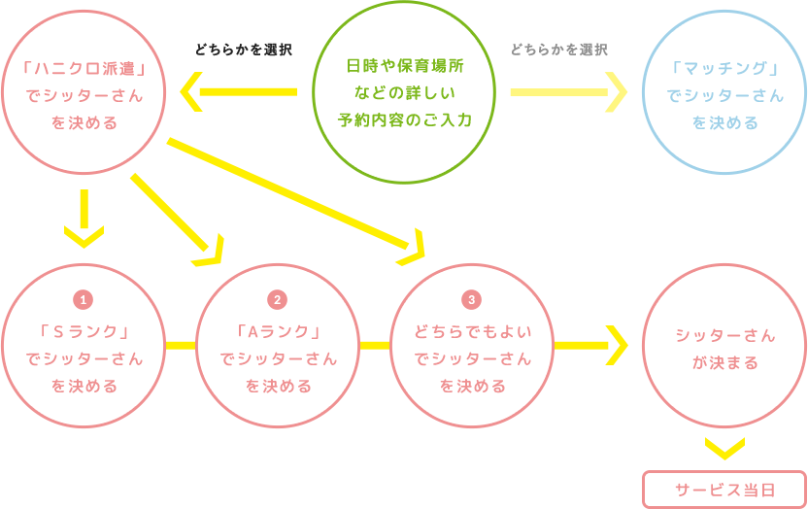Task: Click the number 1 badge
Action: pos(84,299)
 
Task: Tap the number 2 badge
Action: pos(279,299)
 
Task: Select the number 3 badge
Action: pos(473,299)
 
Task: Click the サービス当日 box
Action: pos(724,490)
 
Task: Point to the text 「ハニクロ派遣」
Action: pos(84,69)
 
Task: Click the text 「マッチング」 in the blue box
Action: pos(725,69)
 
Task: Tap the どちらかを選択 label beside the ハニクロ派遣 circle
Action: pos(244,50)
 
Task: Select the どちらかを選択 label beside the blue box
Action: pos(559,50)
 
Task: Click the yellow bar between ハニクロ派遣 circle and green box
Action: pos(238,91)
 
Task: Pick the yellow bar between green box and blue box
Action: pos(569,92)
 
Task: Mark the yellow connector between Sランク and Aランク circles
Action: pos(179,344)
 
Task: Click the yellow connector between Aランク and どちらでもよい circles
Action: pos(373,344)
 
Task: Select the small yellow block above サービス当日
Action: pos(724,449)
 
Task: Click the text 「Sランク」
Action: pos(84,331)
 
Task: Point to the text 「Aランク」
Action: pos(279,331)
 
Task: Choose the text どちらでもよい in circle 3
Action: pos(473,331)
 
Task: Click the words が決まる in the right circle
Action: pos(725,363)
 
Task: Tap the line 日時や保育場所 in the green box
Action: pos(404,67)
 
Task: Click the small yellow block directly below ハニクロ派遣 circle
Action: pos(84,219)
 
